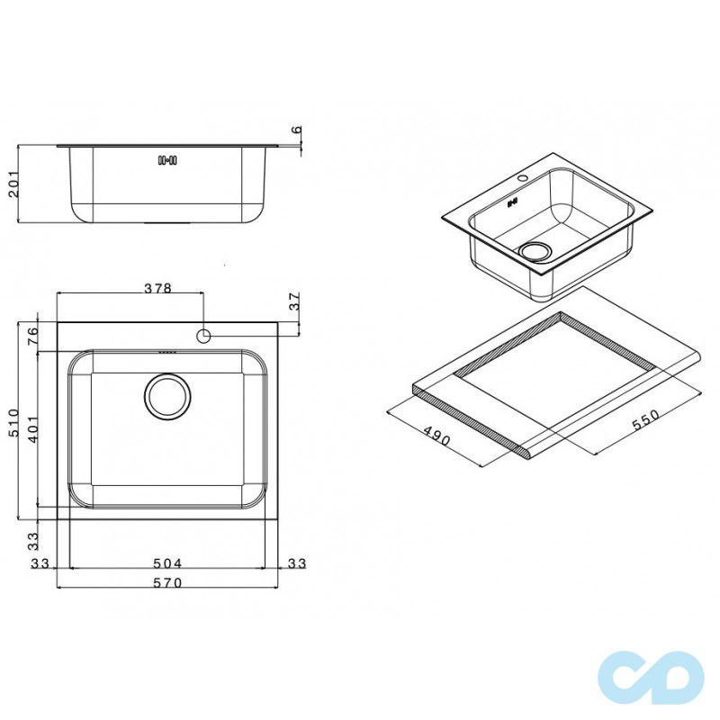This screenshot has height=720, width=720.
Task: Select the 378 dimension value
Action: pos(158,288)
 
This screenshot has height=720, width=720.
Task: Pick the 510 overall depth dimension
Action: pos(12,420)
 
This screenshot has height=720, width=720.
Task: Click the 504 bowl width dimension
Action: pos(167,563)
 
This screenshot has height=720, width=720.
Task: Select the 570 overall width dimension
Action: pos(167,583)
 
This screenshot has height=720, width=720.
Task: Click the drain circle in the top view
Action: pos(166,396)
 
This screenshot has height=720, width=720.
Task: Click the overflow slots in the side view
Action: pos(167,161)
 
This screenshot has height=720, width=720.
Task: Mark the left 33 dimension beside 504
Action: pos(40,563)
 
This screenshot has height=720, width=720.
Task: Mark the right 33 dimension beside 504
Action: pos(296,563)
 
